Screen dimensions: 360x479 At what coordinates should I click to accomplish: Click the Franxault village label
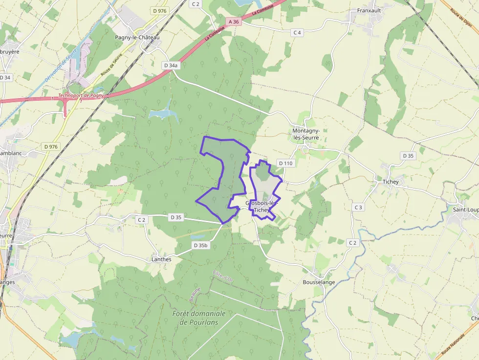[x=369, y=10]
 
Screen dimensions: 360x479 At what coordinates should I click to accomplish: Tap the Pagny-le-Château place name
[x=137, y=37]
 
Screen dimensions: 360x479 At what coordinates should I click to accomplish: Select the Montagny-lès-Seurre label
[x=306, y=134]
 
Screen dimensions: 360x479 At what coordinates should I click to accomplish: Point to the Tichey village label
[x=391, y=182]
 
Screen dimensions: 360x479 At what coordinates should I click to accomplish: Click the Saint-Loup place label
[x=465, y=210]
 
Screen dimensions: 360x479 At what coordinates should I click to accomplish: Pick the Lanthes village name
[x=161, y=259]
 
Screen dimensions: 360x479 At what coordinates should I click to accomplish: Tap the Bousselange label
[x=319, y=282]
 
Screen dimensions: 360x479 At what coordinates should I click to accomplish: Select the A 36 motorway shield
[x=234, y=21]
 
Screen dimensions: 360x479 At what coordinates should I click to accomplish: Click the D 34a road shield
[x=171, y=65]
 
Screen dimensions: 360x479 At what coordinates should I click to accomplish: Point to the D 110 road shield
[x=285, y=163]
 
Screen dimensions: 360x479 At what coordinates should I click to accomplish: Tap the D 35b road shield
[x=200, y=245]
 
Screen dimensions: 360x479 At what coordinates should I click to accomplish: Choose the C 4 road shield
[x=297, y=32]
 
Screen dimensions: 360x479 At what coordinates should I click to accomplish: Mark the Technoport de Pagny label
[x=81, y=96]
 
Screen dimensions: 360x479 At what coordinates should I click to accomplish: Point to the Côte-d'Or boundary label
[x=223, y=276]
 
